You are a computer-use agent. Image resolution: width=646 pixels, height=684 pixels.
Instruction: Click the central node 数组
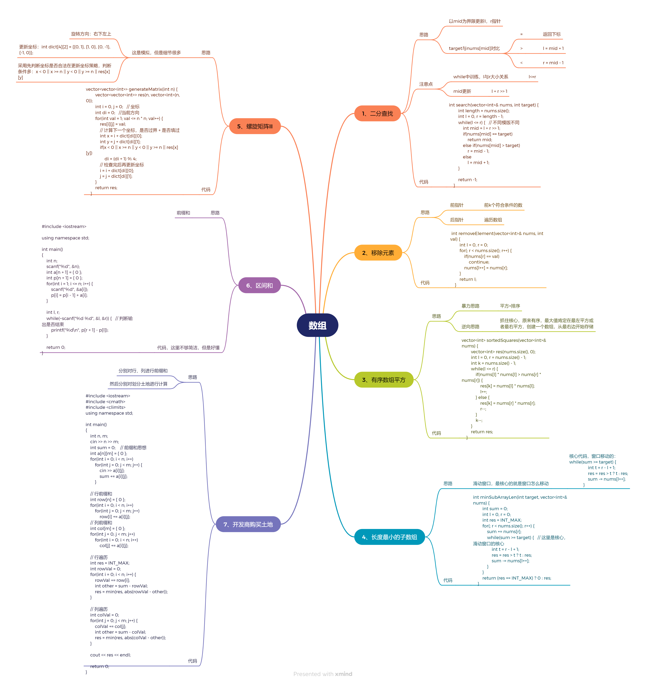[x=317, y=325]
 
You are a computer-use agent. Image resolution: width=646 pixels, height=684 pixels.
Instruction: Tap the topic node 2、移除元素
[x=378, y=253]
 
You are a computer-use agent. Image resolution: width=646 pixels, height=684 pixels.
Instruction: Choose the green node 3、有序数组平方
[x=384, y=380]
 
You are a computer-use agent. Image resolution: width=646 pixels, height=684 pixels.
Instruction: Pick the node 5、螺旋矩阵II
[x=255, y=126]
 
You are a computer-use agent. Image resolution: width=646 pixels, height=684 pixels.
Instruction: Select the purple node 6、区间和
[x=259, y=285]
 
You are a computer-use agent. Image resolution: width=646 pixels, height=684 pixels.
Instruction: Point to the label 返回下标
[x=552, y=34]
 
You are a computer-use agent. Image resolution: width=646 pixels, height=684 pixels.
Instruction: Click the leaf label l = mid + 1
[x=553, y=48]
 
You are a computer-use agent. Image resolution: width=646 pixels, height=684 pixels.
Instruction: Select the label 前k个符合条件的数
[x=503, y=205]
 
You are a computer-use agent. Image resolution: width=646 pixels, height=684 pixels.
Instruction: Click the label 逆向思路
[x=470, y=327]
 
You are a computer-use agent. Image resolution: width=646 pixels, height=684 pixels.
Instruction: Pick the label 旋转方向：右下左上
[x=91, y=34]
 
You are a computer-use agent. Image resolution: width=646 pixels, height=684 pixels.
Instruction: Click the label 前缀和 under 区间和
[x=183, y=213]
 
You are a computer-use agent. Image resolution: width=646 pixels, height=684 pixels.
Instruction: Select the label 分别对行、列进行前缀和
[x=143, y=371]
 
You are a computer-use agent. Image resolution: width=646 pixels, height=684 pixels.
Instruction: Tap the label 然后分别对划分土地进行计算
[x=138, y=384]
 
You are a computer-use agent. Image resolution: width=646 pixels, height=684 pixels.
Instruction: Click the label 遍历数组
[x=493, y=220]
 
